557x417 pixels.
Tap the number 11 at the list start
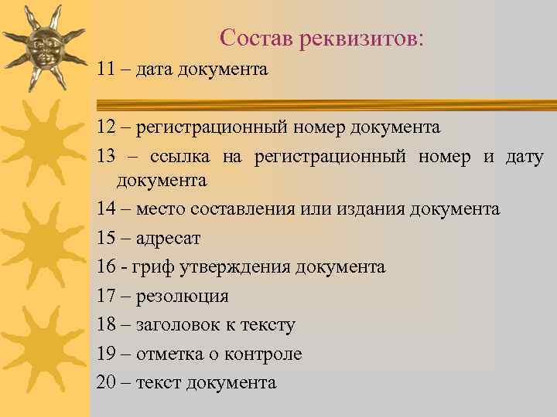(107, 69)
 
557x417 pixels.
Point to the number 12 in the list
(107, 126)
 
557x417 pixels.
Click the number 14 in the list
(107, 208)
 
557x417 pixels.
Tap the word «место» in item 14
(161, 208)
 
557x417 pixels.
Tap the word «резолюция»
(182, 297)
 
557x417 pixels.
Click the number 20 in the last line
(107, 382)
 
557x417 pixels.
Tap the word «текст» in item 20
(158, 382)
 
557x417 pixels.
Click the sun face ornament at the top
(43, 47)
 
